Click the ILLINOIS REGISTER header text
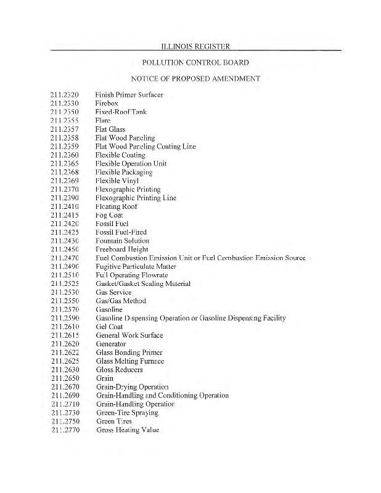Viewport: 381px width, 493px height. [195, 46]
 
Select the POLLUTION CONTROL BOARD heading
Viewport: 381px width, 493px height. [195, 62]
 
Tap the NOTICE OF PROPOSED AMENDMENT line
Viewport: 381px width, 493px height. [195, 79]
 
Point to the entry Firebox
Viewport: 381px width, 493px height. [107, 104]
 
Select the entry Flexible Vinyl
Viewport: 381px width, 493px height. [117, 181]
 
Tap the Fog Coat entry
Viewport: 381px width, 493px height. [110, 214]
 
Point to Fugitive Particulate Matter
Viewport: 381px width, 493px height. [136, 266]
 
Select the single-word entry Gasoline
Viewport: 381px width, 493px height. [109, 309]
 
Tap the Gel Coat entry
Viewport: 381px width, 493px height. [110, 326]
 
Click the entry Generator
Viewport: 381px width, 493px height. [111, 343]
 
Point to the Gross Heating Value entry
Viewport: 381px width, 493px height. [128, 430]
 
